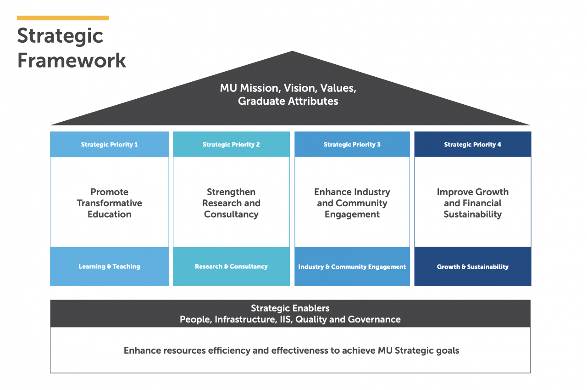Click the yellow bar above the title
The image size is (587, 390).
click(x=63, y=18)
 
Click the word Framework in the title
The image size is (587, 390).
click(x=72, y=60)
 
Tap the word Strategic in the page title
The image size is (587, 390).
click(x=60, y=36)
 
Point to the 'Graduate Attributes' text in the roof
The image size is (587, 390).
click(x=288, y=102)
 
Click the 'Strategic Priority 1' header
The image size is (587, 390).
click(x=109, y=144)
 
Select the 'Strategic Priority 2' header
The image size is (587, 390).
click(x=231, y=144)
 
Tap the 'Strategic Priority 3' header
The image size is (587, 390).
click(x=352, y=144)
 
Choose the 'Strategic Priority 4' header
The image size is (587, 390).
click(x=472, y=144)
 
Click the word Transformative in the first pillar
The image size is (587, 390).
click(x=109, y=203)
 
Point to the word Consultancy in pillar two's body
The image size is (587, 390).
click(x=231, y=215)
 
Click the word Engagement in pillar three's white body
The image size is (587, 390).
click(x=352, y=215)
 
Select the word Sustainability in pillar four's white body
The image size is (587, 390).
click(x=472, y=215)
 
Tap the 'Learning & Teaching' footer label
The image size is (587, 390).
click(x=109, y=266)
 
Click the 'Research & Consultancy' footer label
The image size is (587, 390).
click(x=231, y=266)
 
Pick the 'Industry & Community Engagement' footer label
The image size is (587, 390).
click(x=352, y=266)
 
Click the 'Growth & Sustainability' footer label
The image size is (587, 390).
click(x=472, y=266)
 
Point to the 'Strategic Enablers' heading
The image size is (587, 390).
click(x=290, y=308)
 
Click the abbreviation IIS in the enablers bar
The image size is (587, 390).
click(x=286, y=319)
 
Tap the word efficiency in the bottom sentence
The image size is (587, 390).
click(x=229, y=350)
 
